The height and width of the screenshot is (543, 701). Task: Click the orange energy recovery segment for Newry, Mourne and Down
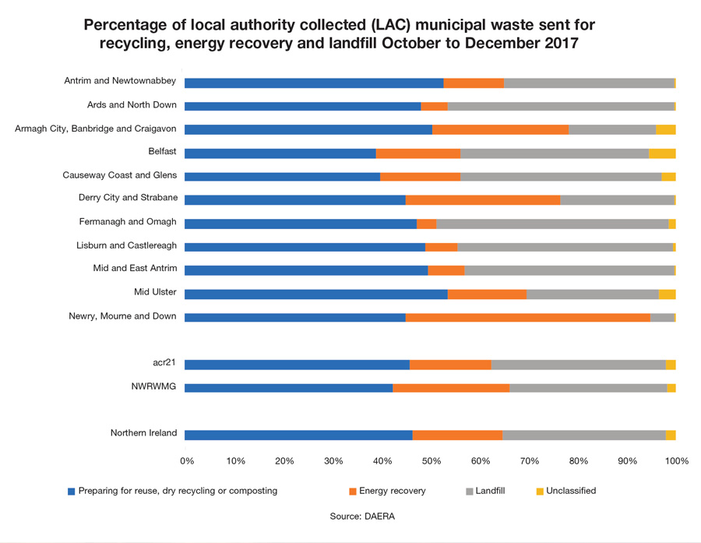(x=528, y=318)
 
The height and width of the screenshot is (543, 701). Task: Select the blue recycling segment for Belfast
(x=280, y=153)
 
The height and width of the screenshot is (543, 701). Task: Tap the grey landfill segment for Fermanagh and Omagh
(x=552, y=224)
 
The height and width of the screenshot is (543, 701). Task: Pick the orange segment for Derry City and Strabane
(x=483, y=200)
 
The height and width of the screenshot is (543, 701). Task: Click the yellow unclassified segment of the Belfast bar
(x=662, y=153)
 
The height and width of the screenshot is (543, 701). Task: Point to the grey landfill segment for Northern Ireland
(x=584, y=435)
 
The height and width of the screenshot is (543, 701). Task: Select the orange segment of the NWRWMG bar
(x=451, y=388)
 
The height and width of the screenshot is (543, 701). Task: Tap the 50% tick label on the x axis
(x=431, y=461)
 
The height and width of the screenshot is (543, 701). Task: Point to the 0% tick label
(x=187, y=461)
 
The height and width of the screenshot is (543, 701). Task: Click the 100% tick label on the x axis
(x=676, y=461)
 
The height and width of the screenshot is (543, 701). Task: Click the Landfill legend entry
(x=490, y=491)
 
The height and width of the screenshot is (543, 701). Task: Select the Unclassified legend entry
(x=570, y=491)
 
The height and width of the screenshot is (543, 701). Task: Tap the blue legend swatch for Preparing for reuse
(x=72, y=492)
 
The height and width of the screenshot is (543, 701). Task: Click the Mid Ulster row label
(x=155, y=292)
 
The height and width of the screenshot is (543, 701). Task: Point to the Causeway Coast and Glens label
(x=119, y=175)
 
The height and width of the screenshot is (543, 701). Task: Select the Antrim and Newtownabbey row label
(x=121, y=81)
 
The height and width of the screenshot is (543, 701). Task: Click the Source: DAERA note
(x=362, y=516)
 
